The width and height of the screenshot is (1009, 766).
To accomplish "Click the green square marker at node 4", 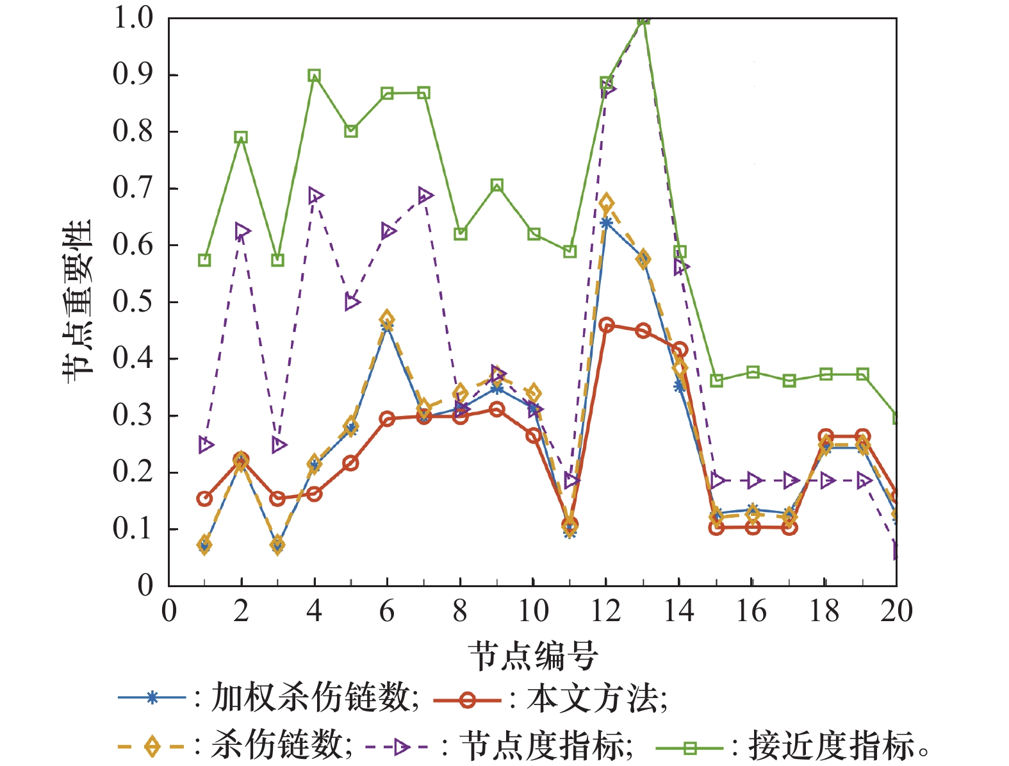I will point(314,76).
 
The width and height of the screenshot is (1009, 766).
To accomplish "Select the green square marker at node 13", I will point(644,19).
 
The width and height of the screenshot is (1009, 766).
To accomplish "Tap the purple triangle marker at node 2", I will point(242,231).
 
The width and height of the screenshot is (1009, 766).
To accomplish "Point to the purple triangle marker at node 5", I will point(352,302).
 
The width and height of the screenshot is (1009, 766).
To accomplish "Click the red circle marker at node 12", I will point(607,325).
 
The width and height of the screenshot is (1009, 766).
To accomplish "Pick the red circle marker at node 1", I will point(204,498).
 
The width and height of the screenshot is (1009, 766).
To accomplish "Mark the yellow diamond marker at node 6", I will point(386,319).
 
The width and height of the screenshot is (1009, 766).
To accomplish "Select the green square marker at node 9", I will point(497,186).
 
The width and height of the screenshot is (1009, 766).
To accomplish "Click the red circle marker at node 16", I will point(753,528).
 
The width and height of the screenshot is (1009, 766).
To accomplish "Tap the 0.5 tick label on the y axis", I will point(133,301).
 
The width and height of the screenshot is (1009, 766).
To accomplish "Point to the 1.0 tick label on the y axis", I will point(133,18).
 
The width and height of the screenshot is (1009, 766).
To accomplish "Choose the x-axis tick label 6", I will point(386,611).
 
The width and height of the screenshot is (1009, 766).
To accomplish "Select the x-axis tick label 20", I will point(896,611).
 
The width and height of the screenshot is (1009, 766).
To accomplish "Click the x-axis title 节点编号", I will point(533,656).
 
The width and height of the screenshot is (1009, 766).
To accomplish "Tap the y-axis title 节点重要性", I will point(78,301).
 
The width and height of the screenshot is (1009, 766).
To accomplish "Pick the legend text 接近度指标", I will point(831,746).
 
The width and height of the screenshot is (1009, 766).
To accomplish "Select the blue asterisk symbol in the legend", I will point(152,697).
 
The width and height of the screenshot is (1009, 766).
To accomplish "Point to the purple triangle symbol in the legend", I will point(401,747).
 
